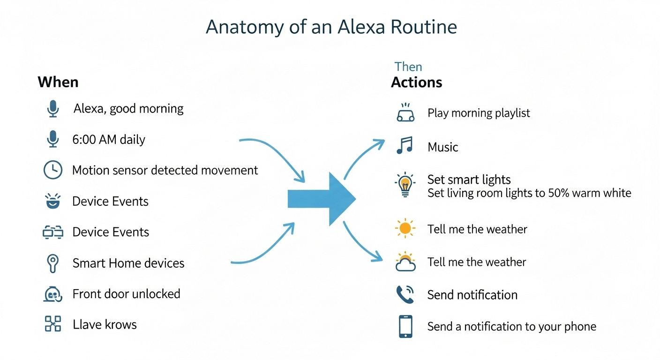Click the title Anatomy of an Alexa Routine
(331, 27)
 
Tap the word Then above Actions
(408, 67)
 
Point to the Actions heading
(416, 82)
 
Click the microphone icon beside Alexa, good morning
(53, 109)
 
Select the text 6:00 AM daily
(109, 139)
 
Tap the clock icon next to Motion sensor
(52, 170)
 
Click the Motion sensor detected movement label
(165, 170)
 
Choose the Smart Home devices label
(128, 263)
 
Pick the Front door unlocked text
(126, 294)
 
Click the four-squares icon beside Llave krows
(52, 324)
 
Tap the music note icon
(404, 146)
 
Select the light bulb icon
(405, 185)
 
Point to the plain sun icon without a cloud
(405, 229)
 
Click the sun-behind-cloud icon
(405, 262)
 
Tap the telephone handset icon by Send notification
(405, 294)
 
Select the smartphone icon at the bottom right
(405, 326)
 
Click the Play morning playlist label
(479, 113)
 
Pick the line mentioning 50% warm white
(529, 193)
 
